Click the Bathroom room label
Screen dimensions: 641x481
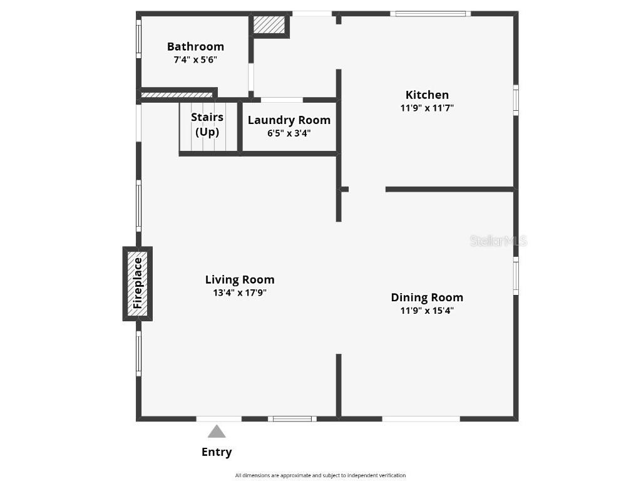click(x=195, y=46)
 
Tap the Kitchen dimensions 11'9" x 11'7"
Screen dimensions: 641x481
click(x=427, y=108)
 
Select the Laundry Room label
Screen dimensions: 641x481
click(x=289, y=120)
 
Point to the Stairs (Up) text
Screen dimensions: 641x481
click(x=207, y=125)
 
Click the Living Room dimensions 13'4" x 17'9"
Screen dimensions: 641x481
click(x=240, y=293)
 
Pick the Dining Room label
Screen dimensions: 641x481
click(x=427, y=297)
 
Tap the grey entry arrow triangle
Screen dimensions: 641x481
click(x=217, y=432)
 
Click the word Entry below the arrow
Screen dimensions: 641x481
click(x=217, y=452)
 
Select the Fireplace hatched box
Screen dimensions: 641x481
click(x=137, y=284)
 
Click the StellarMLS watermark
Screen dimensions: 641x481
click(x=498, y=241)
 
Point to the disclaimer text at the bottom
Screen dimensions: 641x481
click(x=320, y=475)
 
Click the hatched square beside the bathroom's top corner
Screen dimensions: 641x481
click(x=269, y=25)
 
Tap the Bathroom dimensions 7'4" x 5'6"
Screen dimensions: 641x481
click(x=195, y=59)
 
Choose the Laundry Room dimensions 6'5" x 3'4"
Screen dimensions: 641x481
click(x=289, y=133)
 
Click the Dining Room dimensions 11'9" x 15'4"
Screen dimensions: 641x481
click(x=427, y=311)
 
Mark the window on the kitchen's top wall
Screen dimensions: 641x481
click(x=431, y=14)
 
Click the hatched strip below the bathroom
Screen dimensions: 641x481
click(x=177, y=95)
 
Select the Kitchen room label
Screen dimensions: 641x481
click(x=427, y=95)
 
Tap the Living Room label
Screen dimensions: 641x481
click(x=240, y=280)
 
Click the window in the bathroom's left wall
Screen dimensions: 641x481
click(x=138, y=39)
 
